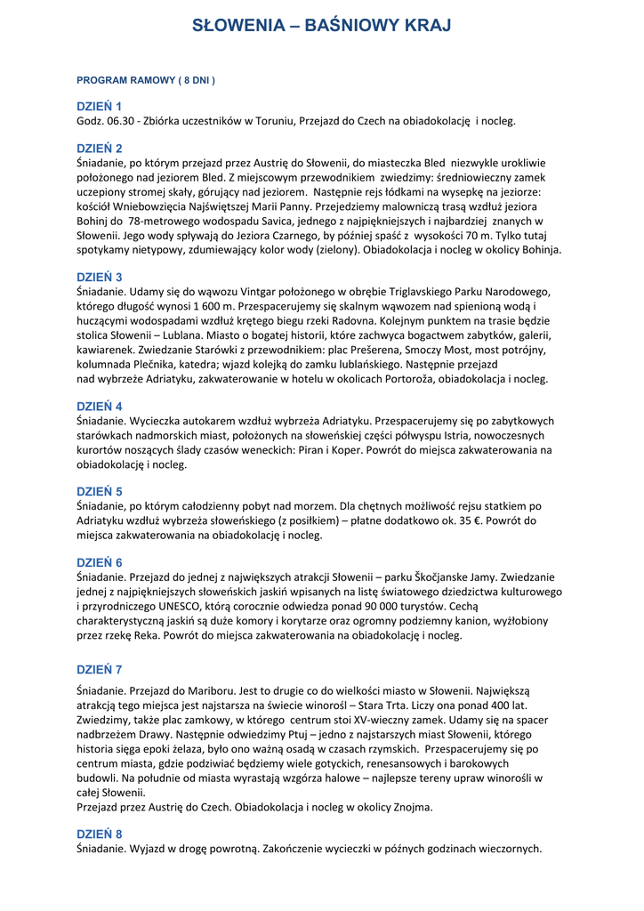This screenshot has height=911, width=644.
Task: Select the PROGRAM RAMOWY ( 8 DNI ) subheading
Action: (x=146, y=80)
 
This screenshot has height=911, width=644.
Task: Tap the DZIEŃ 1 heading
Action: (x=100, y=106)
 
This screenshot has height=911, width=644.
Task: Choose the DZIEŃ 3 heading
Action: (x=100, y=277)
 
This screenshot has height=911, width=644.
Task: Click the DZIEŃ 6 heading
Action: (x=100, y=562)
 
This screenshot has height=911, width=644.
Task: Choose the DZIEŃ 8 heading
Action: (x=100, y=834)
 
